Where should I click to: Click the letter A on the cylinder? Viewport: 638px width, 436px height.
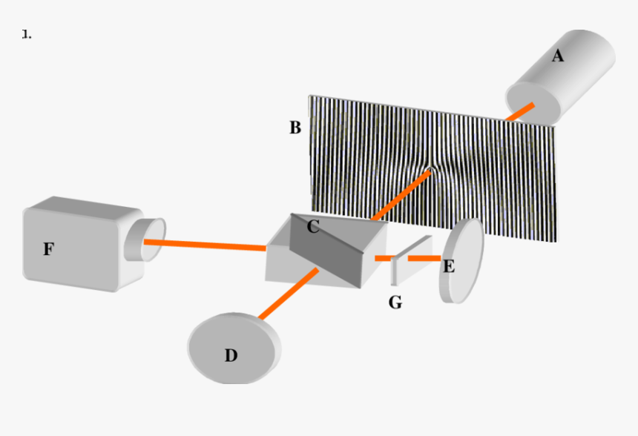(558, 56)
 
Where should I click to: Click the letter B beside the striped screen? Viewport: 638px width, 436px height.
(295, 128)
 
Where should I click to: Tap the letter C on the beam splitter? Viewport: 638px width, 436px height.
(313, 227)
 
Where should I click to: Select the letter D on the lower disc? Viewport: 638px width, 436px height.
(231, 355)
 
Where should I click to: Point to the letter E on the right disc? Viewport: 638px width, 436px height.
(449, 267)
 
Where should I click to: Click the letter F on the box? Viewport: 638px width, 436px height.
(48, 249)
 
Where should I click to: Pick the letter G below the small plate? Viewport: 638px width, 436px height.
(395, 303)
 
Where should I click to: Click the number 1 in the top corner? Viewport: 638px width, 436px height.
(26, 35)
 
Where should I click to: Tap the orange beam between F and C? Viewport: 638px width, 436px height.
(205, 245)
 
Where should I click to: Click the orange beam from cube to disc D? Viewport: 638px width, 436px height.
(289, 294)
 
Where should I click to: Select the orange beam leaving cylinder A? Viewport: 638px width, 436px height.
(520, 112)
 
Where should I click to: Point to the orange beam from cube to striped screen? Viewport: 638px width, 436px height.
(401, 196)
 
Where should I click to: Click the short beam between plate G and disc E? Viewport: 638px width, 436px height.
(424, 258)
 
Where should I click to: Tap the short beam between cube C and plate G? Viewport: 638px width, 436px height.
(384, 258)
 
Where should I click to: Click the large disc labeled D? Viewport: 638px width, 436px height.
(234, 349)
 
